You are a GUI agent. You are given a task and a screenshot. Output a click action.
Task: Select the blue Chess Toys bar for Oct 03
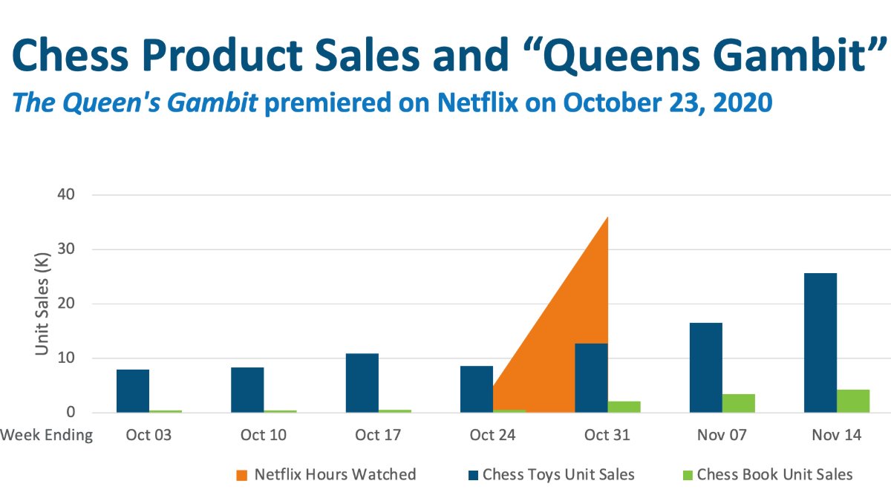(x=133, y=391)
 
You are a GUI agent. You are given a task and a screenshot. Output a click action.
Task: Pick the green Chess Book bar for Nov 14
(x=853, y=401)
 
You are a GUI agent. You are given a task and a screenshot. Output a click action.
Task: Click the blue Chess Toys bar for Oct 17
(x=362, y=383)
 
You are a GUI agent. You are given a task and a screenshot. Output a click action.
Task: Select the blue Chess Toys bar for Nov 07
(x=705, y=367)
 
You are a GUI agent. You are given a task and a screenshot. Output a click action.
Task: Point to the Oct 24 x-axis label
(x=492, y=435)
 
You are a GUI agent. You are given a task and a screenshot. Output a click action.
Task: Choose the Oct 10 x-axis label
(x=263, y=435)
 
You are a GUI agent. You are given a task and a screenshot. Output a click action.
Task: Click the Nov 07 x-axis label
(x=722, y=435)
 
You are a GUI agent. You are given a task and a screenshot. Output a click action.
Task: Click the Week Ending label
(x=47, y=435)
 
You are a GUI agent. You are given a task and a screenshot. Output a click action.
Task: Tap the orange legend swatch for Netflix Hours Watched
(x=241, y=474)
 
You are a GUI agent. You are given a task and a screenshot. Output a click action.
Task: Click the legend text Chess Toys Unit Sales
(x=558, y=474)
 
